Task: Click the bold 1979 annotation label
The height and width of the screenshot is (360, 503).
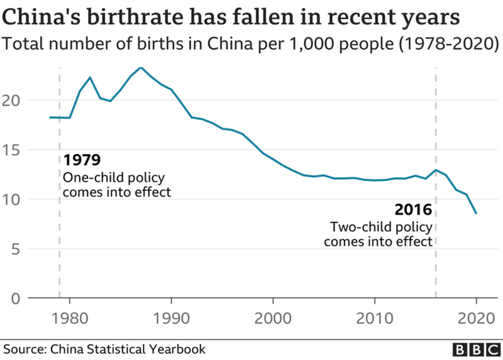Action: (82, 160)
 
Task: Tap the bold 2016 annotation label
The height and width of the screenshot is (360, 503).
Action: (413, 209)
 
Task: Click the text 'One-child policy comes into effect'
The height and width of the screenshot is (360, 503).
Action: (116, 185)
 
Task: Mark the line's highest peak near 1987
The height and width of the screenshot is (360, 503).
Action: (141, 67)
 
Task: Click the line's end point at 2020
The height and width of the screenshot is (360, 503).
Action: (477, 214)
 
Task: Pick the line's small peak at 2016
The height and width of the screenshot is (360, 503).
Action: (436, 170)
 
